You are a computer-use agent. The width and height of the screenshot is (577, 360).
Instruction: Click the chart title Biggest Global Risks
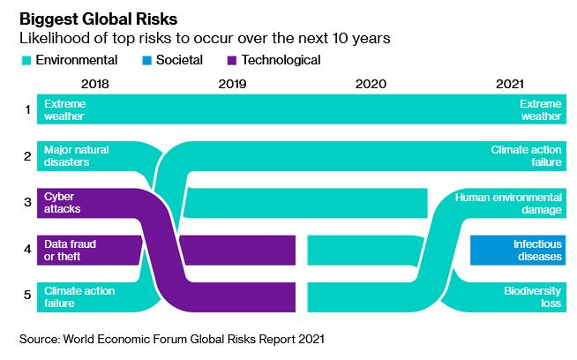coord(100,19)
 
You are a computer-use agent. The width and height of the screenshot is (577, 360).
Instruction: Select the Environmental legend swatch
coord(26,61)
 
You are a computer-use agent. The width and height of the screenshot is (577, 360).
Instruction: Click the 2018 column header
coord(94,85)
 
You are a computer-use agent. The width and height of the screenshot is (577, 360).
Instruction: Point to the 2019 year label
coord(232,85)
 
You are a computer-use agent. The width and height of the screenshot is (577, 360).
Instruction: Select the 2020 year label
coord(371,85)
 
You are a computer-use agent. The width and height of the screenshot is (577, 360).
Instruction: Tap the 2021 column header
coord(508,85)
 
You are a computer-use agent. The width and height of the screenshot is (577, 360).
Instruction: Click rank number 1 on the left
coord(27,109)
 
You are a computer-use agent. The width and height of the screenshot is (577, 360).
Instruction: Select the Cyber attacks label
coord(63,203)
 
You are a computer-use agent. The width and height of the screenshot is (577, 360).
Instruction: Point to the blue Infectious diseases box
coord(518,250)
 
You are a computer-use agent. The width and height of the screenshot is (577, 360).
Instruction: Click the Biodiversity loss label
coord(532,296)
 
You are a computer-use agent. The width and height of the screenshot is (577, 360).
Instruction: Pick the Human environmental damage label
coord(508,203)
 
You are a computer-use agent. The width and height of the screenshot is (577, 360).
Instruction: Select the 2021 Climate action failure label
coord(526,156)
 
